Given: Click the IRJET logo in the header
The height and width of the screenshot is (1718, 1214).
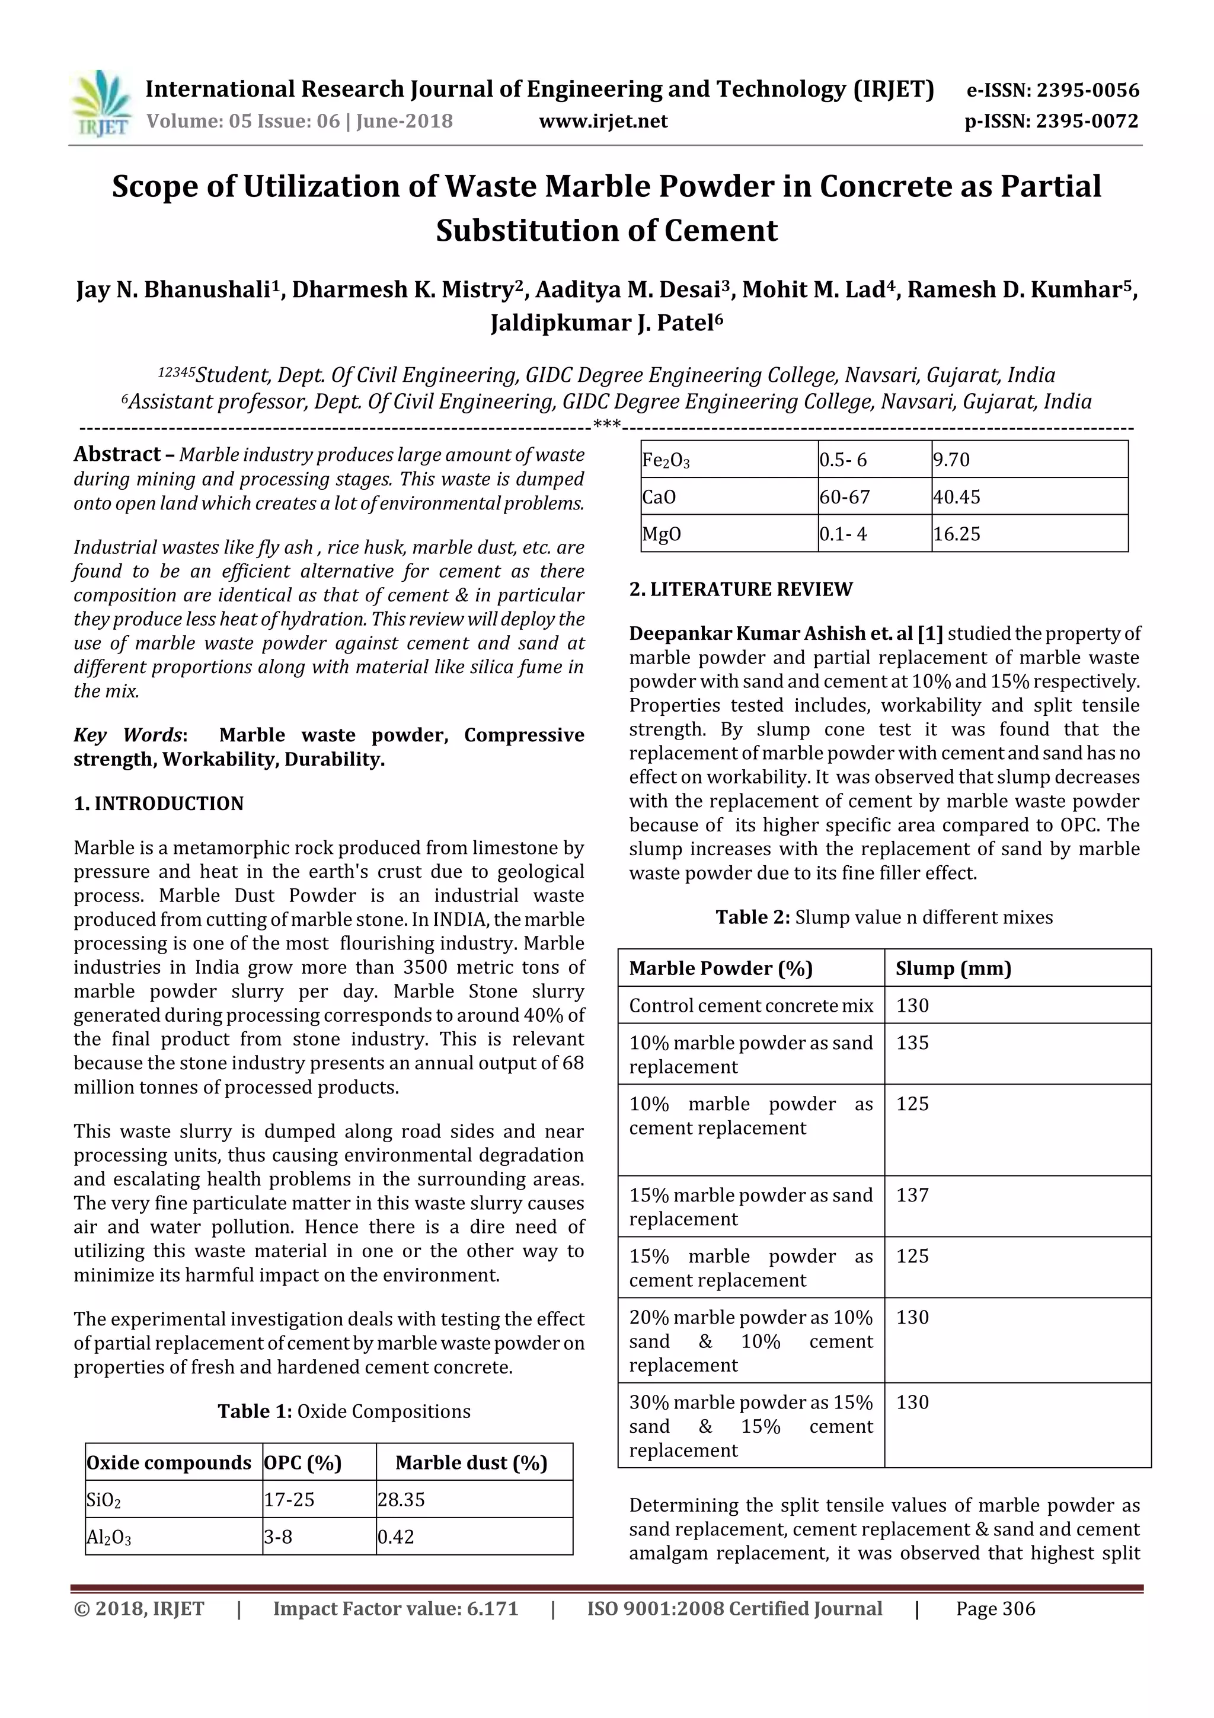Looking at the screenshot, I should pyautogui.click(x=101, y=105).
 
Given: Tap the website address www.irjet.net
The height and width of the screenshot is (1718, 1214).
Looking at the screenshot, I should pyautogui.click(x=603, y=121).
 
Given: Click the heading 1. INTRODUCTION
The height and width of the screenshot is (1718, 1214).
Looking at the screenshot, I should pyautogui.click(x=159, y=804).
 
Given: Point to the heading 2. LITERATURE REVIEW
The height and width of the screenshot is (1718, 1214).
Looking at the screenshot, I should pyautogui.click(x=740, y=589).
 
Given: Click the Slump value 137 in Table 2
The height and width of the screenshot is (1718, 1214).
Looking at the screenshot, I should pyautogui.click(x=912, y=1195).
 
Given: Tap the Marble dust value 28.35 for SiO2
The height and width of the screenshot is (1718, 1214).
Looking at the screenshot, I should pyautogui.click(x=400, y=1500).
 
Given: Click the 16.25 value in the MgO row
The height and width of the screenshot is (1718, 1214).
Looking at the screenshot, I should pyautogui.click(x=956, y=534).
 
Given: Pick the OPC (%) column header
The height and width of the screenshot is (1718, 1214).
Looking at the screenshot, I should pyautogui.click(x=303, y=1463).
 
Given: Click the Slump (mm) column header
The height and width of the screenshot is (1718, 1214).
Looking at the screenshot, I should pyautogui.click(x=953, y=968).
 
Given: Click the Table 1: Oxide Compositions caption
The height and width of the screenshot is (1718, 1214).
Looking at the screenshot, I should pyautogui.click(x=344, y=1411).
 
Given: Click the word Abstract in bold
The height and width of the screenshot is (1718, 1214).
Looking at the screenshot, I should pyautogui.click(x=117, y=454).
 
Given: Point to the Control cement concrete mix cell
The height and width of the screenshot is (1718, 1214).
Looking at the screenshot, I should pyautogui.click(x=750, y=1006).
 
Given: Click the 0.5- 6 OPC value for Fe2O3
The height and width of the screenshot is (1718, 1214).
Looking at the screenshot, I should pyautogui.click(x=843, y=460).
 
